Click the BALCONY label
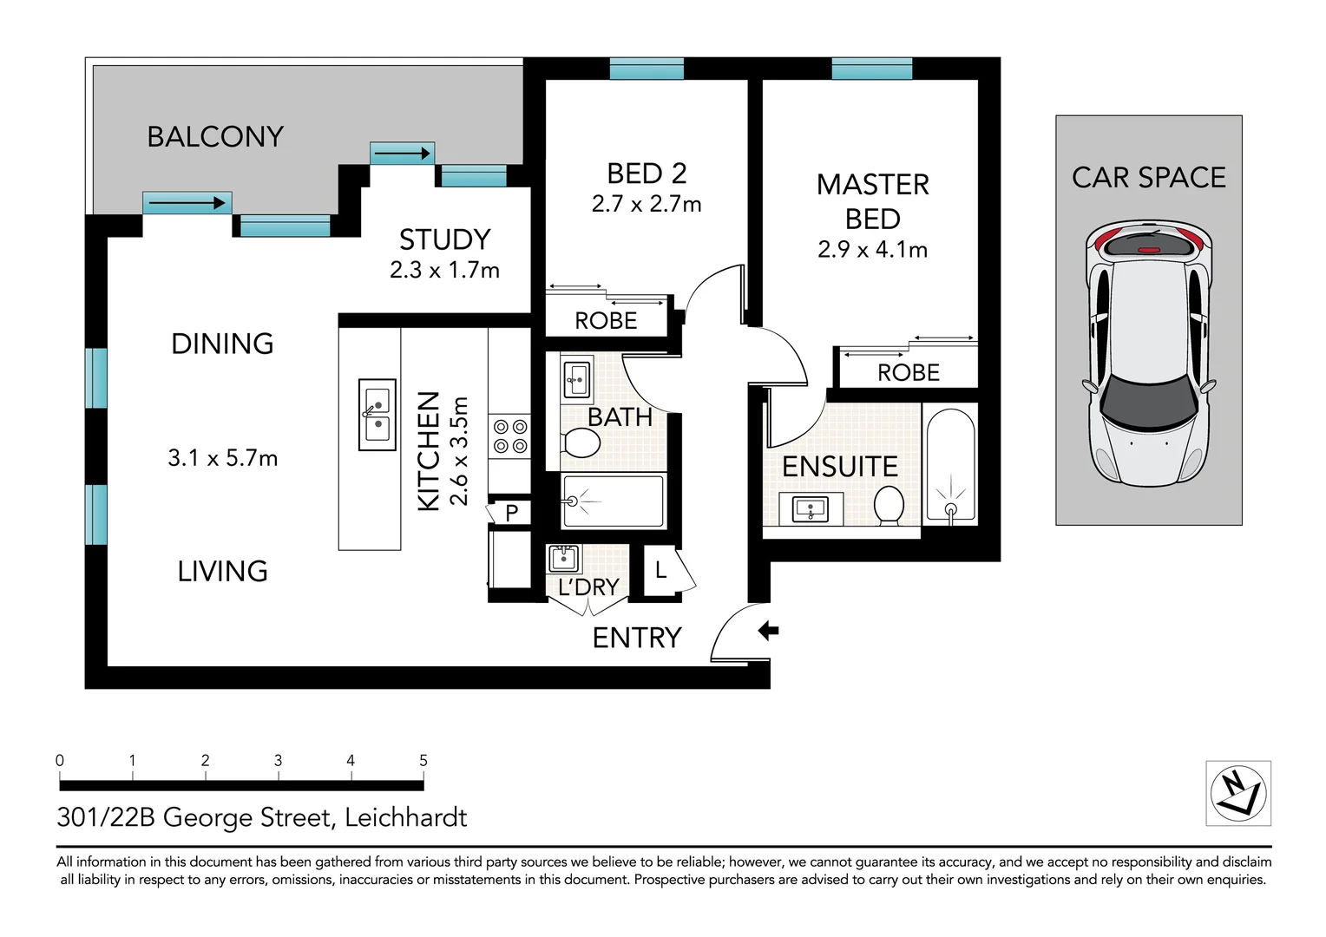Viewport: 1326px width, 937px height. pos(215,137)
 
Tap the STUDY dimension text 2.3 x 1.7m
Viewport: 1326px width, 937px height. pos(444,270)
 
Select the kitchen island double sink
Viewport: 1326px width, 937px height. pos(377,415)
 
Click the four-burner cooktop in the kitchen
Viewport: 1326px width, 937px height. pos(510,436)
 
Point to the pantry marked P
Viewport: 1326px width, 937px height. pos(511,513)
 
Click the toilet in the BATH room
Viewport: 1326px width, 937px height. pos(581,444)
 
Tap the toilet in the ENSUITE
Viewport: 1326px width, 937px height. pos(889,505)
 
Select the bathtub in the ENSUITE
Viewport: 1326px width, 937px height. pos(951,464)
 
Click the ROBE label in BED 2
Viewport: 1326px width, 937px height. pos(606,321)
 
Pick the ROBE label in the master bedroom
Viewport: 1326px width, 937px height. pos(909,373)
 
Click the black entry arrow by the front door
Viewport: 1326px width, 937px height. pos(768,631)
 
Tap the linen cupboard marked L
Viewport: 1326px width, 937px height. pos(661,571)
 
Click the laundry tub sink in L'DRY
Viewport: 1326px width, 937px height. pos(564,558)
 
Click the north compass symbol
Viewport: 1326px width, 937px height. pos(1238,793)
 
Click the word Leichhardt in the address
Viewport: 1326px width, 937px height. pos(405,817)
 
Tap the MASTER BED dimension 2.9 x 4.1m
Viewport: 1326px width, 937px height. pos(872,250)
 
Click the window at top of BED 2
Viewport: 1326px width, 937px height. pos(647,69)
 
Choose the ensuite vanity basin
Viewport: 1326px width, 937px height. pos(811,509)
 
